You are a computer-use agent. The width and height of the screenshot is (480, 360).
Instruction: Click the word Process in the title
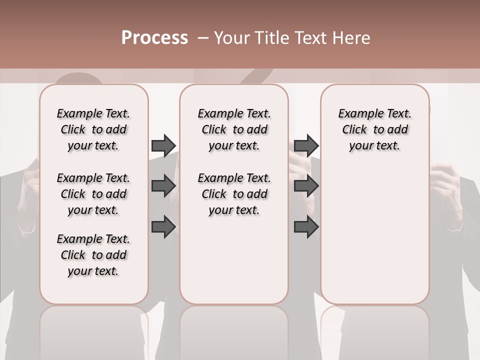pyautogui.click(x=154, y=38)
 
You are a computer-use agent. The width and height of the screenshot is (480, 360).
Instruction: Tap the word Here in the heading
pyautogui.click(x=352, y=38)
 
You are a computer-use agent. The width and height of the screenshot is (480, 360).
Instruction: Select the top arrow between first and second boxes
pyautogui.click(x=163, y=145)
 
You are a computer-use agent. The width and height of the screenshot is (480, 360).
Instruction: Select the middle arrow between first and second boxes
pyautogui.click(x=163, y=186)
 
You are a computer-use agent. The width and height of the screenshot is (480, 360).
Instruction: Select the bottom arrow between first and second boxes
pyautogui.click(x=163, y=227)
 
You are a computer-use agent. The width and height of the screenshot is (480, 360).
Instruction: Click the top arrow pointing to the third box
pyautogui.click(x=306, y=145)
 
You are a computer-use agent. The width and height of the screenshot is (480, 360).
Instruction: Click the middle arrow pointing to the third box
pyautogui.click(x=306, y=186)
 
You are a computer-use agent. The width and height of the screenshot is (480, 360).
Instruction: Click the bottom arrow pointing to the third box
pyautogui.click(x=306, y=227)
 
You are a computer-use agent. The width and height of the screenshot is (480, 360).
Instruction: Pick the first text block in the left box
pyautogui.click(x=93, y=129)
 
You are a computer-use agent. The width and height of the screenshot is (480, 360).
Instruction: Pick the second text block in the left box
pyautogui.click(x=93, y=194)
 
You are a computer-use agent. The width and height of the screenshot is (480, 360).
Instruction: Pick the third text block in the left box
pyautogui.click(x=93, y=255)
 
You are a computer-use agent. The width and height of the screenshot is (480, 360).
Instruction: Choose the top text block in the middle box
pyautogui.click(x=234, y=129)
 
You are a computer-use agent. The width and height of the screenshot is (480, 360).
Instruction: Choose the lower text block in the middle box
pyautogui.click(x=234, y=194)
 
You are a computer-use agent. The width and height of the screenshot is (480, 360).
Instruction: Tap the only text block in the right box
pyautogui.click(x=374, y=129)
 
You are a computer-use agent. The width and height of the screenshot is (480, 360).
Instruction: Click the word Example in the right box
pyautogui.click(x=357, y=114)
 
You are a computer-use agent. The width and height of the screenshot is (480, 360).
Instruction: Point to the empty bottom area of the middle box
pyautogui.click(x=234, y=260)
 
